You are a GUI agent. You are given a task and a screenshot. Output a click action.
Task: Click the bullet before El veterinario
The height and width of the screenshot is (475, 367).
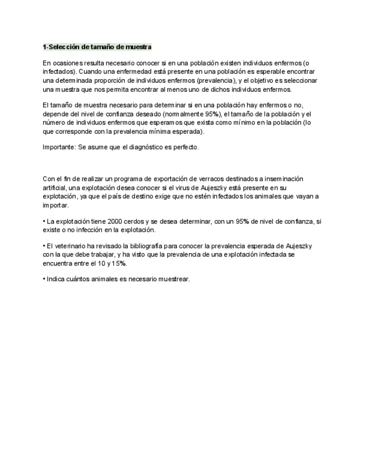tap(44, 246)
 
